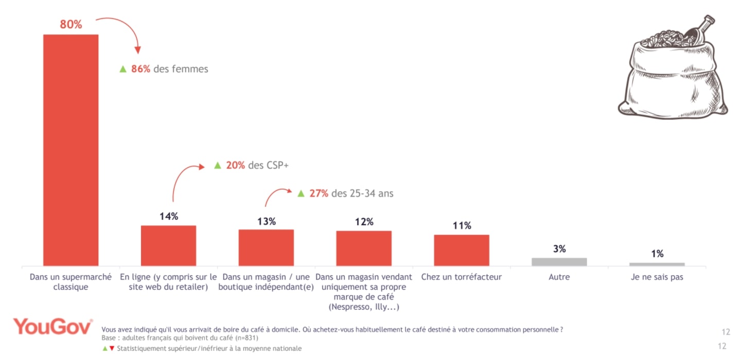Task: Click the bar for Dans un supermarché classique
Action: point(71,150)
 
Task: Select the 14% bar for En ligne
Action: point(168,245)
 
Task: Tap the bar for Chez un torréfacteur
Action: point(462,250)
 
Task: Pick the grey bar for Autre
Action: point(559,262)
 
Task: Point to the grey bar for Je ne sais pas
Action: point(657,264)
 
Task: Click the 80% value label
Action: point(71,24)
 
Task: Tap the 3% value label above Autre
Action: point(559,249)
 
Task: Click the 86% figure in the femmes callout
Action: point(140,69)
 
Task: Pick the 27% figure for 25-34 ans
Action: point(319,193)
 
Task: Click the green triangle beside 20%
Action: point(217,165)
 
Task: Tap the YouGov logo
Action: point(53,327)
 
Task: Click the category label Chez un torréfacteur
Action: point(462,277)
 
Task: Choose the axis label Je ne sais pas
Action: point(657,277)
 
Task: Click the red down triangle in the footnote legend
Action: point(112,348)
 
